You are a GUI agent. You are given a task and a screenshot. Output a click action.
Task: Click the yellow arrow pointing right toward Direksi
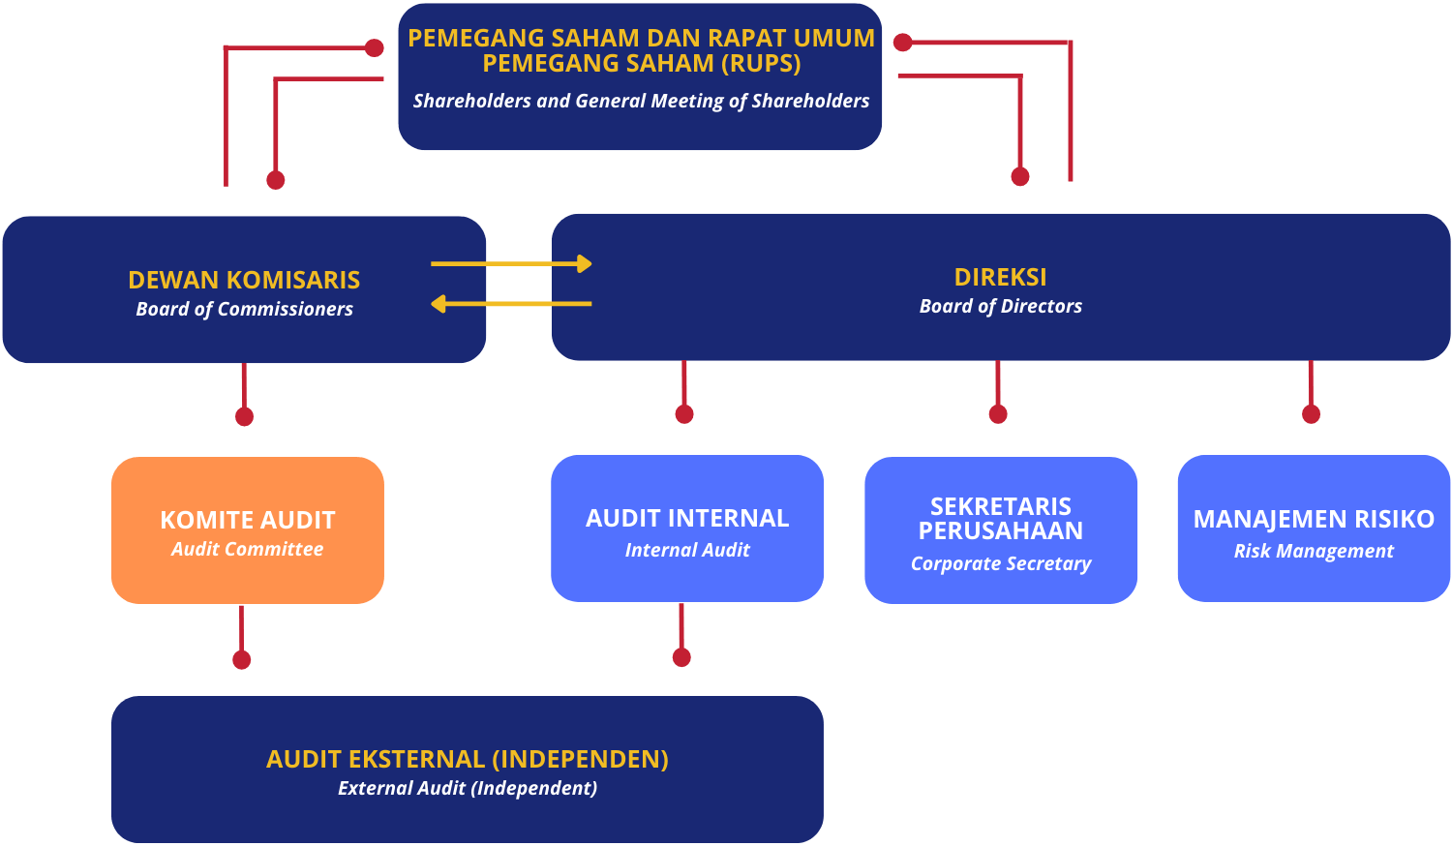(511, 263)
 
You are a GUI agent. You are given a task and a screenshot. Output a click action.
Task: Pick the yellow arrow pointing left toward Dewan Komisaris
(511, 304)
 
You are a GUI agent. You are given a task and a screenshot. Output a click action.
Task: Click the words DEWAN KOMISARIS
(244, 280)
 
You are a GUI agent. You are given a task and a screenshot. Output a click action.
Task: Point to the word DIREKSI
(1000, 277)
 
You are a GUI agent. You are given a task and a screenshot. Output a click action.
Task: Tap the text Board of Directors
(1000, 306)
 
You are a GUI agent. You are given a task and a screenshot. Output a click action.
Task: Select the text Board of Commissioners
(244, 309)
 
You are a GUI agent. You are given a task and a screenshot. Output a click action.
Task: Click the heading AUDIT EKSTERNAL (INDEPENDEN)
(468, 759)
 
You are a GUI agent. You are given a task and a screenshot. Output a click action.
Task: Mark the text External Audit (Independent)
(468, 788)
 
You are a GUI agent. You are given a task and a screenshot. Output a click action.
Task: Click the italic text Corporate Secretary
(1001, 563)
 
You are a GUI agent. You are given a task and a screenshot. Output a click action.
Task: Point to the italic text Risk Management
(1314, 551)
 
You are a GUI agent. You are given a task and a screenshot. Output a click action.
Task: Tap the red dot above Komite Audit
(244, 416)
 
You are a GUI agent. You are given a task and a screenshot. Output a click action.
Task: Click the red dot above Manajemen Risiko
(1311, 414)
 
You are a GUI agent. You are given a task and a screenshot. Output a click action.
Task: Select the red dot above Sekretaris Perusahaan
(998, 414)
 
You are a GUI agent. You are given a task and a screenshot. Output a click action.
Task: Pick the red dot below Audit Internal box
(681, 657)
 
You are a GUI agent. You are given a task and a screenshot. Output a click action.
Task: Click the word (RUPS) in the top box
(761, 64)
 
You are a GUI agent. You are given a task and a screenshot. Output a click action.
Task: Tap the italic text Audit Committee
(248, 549)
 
